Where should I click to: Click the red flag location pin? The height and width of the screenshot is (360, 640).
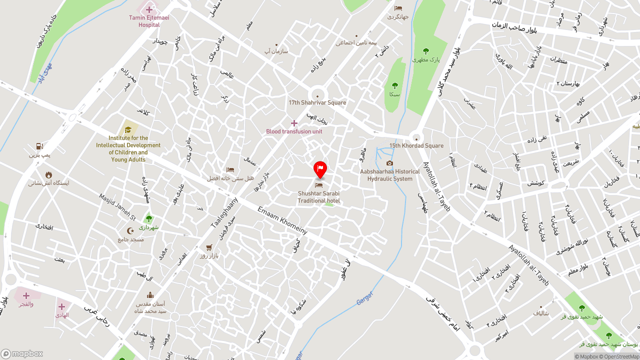pyautogui.click(x=320, y=169)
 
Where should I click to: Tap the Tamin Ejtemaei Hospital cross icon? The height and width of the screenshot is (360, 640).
pyautogui.click(x=149, y=9)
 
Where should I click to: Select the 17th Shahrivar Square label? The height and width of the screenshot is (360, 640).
pyautogui.click(x=317, y=102)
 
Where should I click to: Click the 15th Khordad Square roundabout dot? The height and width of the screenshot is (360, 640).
pyautogui.click(x=416, y=138)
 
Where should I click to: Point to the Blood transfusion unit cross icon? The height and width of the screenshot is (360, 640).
pyautogui.click(x=294, y=123)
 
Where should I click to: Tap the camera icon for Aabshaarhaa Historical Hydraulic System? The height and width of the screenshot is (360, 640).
pyautogui.click(x=389, y=163)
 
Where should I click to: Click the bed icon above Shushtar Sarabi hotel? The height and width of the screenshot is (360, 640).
pyautogui.click(x=318, y=185)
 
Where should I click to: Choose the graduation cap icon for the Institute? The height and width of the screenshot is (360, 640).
pyautogui.click(x=128, y=129)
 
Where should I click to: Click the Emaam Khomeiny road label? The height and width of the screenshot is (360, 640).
pyautogui.click(x=282, y=220)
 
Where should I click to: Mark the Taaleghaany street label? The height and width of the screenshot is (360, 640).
pyautogui.click(x=224, y=212)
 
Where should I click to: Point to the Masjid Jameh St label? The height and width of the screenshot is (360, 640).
pyautogui.click(x=117, y=207)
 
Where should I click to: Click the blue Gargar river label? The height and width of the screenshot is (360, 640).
pyautogui.click(x=365, y=298)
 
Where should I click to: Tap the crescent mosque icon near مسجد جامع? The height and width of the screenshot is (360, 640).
pyautogui.click(x=131, y=231)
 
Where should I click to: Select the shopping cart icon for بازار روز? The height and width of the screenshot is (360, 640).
pyautogui.click(x=209, y=247)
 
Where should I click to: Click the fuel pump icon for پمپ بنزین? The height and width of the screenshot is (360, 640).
pyautogui.click(x=39, y=146)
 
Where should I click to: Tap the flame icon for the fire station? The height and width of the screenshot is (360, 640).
pyautogui.click(x=48, y=174)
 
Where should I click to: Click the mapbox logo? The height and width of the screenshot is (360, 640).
pyautogui.click(x=22, y=353)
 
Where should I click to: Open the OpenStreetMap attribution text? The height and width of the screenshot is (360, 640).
pyautogui.click(x=619, y=356)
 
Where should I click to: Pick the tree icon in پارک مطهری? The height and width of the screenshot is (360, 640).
pyautogui.click(x=425, y=51)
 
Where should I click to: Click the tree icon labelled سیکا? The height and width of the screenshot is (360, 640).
pyautogui.click(x=394, y=85)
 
